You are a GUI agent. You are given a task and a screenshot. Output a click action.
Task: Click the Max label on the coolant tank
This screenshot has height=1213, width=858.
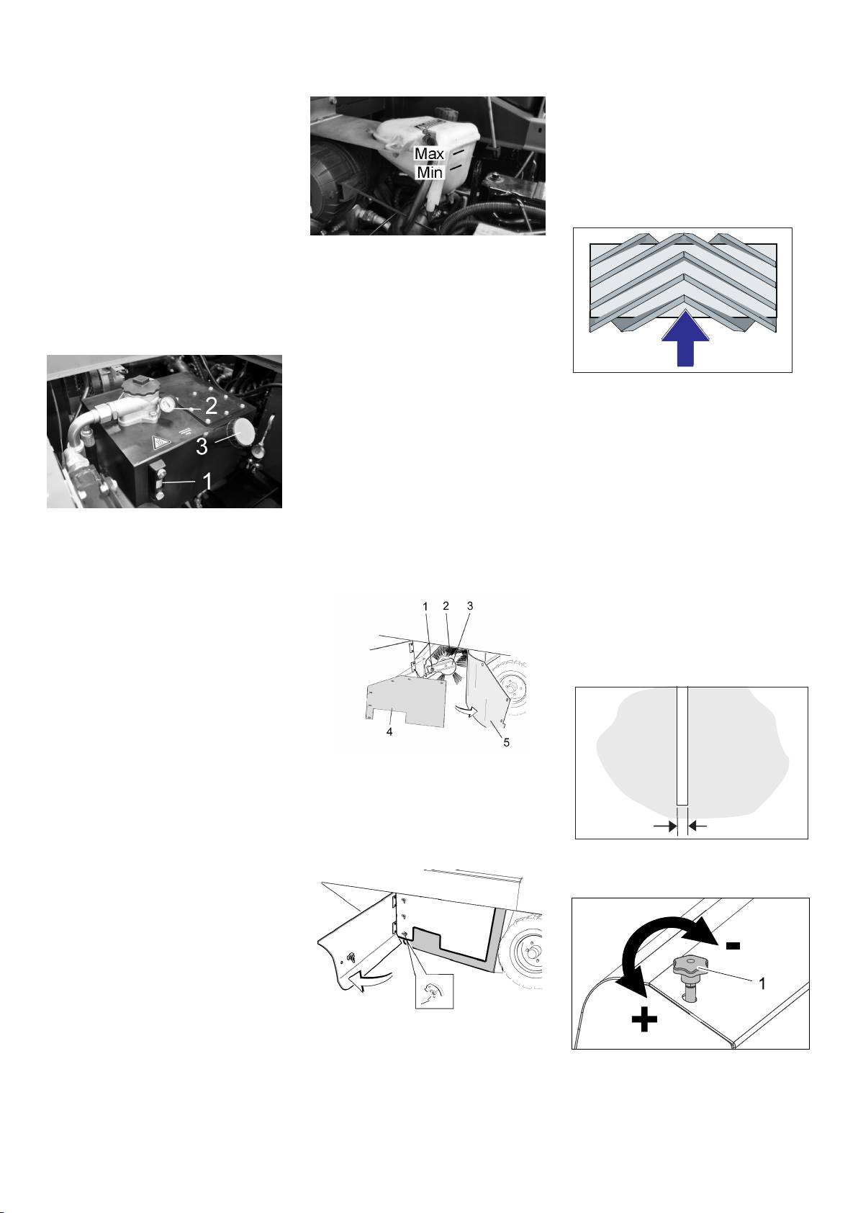429,154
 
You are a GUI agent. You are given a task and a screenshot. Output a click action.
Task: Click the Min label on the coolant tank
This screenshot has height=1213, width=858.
429,173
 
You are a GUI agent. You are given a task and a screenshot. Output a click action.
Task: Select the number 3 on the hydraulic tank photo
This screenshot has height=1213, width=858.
202,446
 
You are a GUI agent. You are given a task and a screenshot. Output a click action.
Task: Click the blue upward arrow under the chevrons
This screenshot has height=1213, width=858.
685,338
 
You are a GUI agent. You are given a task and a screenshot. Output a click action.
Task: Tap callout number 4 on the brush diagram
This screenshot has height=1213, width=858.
389,733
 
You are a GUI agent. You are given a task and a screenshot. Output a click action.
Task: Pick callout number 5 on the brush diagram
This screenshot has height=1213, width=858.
506,742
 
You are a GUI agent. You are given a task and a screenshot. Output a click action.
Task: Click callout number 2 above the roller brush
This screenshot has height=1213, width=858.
446,606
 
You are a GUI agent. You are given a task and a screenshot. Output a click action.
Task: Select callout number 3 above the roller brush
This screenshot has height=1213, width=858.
470,606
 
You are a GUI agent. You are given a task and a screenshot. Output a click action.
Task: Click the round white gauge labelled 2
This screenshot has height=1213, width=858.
168,404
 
